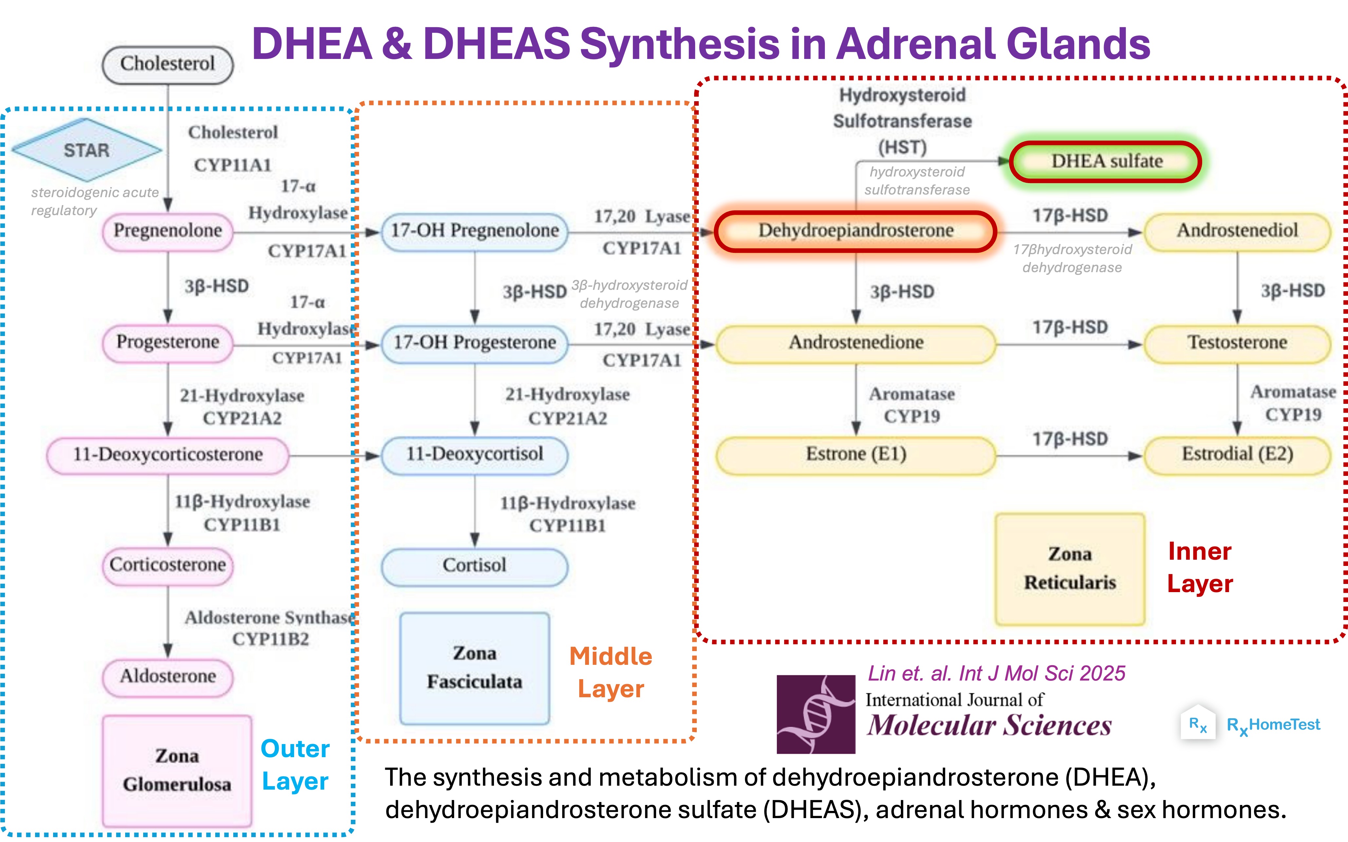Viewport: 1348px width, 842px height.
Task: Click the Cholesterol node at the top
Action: [x=168, y=65]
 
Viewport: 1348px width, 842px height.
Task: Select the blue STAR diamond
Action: [x=87, y=150]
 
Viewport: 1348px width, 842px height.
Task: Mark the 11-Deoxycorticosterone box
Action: [x=168, y=455]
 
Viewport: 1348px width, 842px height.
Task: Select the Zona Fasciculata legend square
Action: [x=475, y=668]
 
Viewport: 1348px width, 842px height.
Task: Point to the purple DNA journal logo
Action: [x=816, y=715]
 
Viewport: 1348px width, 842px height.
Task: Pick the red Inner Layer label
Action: [x=1200, y=568]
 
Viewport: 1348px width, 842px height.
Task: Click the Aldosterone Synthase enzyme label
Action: [x=270, y=618]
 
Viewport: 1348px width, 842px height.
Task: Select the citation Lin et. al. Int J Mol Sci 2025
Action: [x=997, y=674]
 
